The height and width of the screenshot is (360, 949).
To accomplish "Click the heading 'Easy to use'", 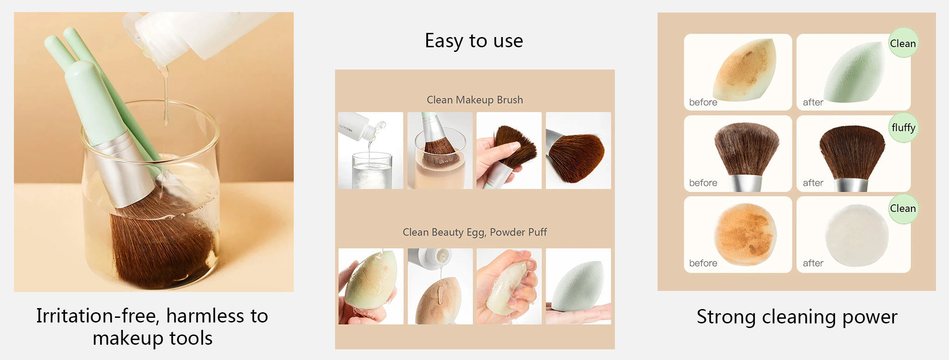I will [x=474, y=41].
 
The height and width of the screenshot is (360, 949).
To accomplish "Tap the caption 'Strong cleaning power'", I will [x=797, y=317].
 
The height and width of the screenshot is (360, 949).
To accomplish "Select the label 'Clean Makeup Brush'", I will [x=474, y=100].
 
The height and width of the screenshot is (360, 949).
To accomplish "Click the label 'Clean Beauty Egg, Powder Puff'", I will [x=474, y=232].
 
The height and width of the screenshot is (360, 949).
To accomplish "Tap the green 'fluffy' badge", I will [x=903, y=127].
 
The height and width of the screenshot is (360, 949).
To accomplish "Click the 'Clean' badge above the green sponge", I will [x=903, y=43].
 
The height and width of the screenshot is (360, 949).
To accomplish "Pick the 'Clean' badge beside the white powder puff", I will [x=903, y=208].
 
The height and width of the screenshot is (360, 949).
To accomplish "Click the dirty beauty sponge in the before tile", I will [x=745, y=69].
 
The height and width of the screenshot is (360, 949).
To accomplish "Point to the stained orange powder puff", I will [x=745, y=234].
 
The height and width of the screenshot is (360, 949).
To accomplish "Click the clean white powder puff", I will [x=856, y=235].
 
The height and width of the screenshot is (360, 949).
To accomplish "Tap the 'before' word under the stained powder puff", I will [x=703, y=263].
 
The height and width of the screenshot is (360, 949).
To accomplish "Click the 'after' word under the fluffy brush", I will [x=813, y=183].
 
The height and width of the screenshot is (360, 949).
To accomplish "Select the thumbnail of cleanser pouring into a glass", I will [x=371, y=151].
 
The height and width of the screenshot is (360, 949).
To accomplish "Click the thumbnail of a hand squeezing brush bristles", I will [x=509, y=151].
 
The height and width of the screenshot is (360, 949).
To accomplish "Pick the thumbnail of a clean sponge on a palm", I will [x=578, y=286].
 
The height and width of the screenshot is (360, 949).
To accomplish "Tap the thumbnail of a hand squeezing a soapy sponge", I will [x=509, y=286].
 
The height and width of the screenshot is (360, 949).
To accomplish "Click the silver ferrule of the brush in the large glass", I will [x=125, y=169].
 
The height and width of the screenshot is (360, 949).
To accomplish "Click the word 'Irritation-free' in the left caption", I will [x=98, y=316].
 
